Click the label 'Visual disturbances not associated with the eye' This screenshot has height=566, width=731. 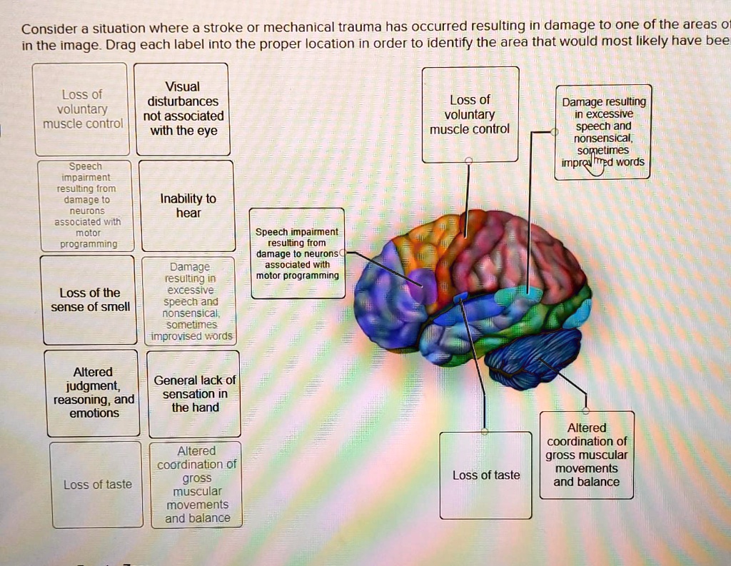coord(183,109)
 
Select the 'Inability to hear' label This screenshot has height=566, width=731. coord(188,206)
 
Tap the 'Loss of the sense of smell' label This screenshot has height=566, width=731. coord(90,300)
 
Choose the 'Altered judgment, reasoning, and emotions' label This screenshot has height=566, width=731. coord(94,393)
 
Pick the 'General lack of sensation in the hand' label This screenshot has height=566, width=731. coord(195,394)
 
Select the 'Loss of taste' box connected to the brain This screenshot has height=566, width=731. coord(486,475)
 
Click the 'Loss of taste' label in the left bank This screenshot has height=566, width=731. coord(97,485)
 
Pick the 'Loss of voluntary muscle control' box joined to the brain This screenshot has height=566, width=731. coord(470,114)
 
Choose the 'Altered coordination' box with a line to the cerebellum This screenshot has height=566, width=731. coord(587,455)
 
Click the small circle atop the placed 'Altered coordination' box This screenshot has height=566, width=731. coord(586,411)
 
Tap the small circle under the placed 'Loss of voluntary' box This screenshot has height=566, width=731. coord(468,161)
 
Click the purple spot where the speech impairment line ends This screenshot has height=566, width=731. coord(421,285)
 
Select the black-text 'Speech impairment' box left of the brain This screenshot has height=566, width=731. coord(298,253)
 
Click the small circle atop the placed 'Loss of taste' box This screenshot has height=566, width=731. coord(485,432)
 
